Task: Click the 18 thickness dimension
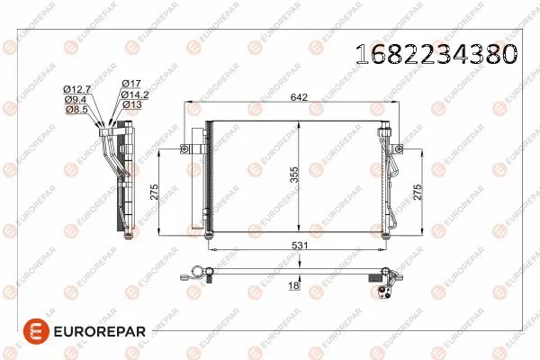(292, 285)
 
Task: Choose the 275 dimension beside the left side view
(154, 191)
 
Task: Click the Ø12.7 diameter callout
(76, 88)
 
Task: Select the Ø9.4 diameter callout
(76, 99)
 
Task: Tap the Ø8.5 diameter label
(76, 110)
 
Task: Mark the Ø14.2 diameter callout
(134, 94)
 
